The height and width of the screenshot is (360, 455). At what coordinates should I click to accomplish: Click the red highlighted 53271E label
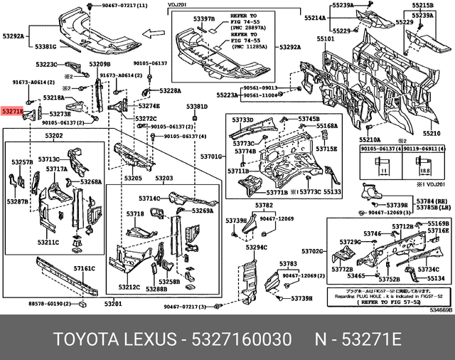12,112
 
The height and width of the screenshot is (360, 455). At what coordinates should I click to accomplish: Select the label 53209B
99,64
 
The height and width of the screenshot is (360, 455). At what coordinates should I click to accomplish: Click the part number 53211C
48,242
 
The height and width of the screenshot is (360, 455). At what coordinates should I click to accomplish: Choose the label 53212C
129,287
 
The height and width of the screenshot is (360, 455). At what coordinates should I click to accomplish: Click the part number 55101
326,39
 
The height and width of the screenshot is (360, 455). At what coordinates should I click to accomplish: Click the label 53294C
256,248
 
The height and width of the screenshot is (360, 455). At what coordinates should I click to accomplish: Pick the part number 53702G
312,251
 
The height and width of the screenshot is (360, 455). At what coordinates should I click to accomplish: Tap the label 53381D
197,107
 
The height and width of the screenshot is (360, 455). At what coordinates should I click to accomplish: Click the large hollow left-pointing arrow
154,33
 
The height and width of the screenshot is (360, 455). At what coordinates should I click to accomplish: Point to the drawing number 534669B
439,310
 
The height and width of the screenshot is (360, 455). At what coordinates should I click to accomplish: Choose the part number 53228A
170,91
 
